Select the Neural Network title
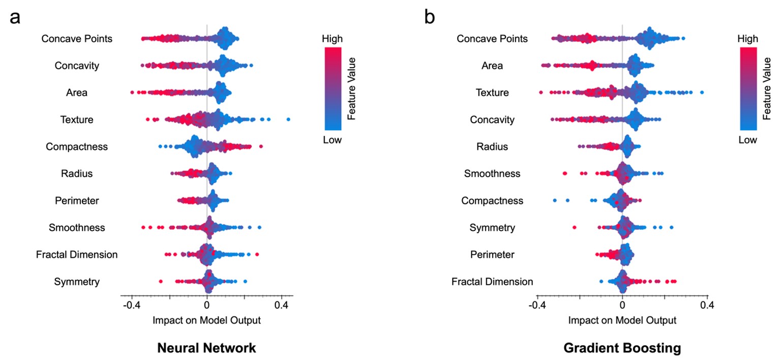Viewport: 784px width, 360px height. (206, 348)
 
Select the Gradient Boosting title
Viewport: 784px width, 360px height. (622, 348)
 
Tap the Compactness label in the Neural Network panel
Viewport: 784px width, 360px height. (77, 146)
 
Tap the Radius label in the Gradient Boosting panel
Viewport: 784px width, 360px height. (492, 146)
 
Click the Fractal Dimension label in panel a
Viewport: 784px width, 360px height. (77, 254)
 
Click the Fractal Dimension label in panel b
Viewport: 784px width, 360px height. (492, 281)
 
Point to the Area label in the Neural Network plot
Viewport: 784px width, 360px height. (77, 93)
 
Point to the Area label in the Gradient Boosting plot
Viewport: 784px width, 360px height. (492, 66)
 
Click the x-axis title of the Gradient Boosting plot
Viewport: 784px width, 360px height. (622, 320)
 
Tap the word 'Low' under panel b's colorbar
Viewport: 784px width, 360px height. (748, 139)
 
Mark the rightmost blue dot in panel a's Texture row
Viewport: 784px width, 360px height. (288, 119)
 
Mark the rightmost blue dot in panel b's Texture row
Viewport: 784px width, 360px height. (702, 93)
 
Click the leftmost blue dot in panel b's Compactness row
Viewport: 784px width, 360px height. (555, 200)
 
